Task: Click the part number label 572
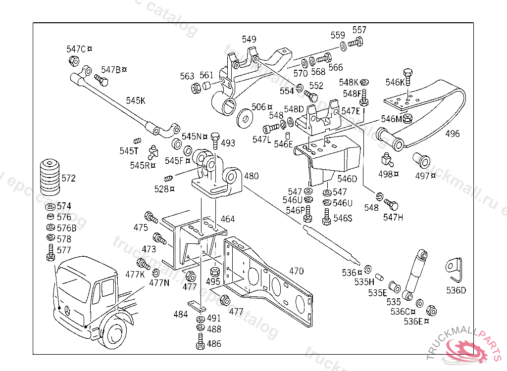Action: [69, 178]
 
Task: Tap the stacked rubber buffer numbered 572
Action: [50, 177]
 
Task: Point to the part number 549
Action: [249, 40]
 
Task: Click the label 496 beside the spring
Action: [452, 134]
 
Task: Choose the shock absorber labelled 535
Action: [415, 275]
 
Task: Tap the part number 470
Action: [296, 271]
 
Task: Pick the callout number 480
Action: [251, 176]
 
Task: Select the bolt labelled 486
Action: [200, 341]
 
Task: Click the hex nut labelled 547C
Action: [74, 61]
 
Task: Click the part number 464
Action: [228, 219]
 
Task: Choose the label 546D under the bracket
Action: [347, 179]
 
